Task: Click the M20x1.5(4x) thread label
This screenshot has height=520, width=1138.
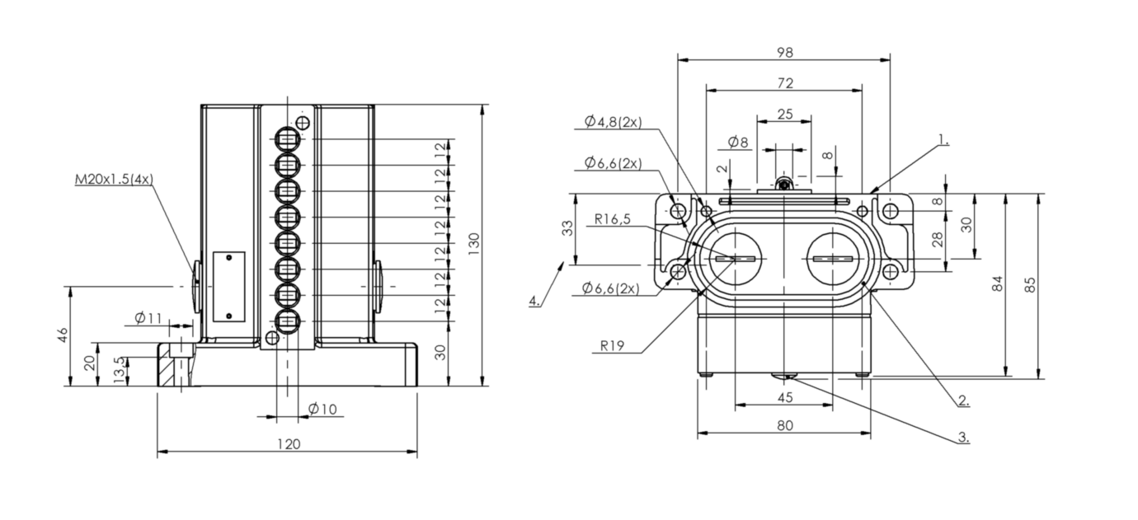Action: pyautogui.click(x=114, y=180)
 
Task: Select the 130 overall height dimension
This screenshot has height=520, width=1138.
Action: pyautogui.click(x=473, y=244)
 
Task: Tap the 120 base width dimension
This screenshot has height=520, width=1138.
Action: pyautogui.click(x=289, y=444)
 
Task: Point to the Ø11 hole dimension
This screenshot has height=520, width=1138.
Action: pyautogui.click(x=148, y=318)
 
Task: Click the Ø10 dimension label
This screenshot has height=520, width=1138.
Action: pyautogui.click(x=322, y=410)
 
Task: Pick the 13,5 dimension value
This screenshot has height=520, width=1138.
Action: pyautogui.click(x=120, y=370)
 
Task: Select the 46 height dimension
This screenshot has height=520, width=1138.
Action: pyautogui.click(x=63, y=335)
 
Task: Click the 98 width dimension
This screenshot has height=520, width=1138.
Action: pyautogui.click(x=785, y=52)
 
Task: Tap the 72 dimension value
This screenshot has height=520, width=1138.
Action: pyautogui.click(x=785, y=83)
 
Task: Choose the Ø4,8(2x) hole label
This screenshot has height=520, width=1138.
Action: pyautogui.click(x=614, y=122)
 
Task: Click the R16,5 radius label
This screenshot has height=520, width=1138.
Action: pyautogui.click(x=612, y=219)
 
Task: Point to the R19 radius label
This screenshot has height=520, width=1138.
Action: pyautogui.click(x=612, y=346)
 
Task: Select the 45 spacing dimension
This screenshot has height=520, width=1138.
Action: pyautogui.click(x=785, y=397)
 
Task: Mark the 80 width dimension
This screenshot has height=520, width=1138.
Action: pyautogui.click(x=785, y=425)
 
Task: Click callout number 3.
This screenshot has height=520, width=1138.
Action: pyautogui.click(x=964, y=437)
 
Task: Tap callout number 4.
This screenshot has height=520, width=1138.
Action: pyautogui.click(x=534, y=301)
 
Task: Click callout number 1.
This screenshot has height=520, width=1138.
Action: pyautogui.click(x=943, y=139)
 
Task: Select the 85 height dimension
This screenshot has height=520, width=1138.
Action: pyautogui.click(x=1030, y=284)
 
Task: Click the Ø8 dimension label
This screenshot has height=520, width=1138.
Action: pyautogui.click(x=738, y=143)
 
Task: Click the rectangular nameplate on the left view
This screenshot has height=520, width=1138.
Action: pyautogui.click(x=228, y=287)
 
